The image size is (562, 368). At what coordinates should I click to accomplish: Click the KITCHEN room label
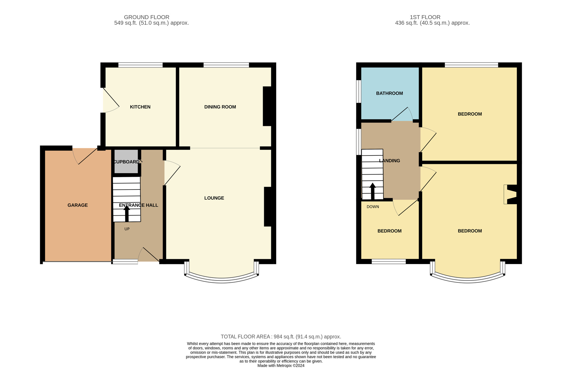[140, 107]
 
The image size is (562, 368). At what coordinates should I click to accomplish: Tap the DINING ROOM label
[220, 107]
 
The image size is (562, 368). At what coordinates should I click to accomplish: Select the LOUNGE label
[214, 198]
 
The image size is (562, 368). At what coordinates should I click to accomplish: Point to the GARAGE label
[78, 205]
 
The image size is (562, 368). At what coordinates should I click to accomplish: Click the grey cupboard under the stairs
[126, 161]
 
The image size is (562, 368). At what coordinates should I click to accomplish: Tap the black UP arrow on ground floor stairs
[127, 213]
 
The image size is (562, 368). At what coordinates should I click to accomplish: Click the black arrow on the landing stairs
[373, 191]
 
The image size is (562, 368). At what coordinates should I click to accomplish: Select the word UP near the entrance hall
[127, 229]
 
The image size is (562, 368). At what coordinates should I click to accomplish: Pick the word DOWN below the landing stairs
[373, 207]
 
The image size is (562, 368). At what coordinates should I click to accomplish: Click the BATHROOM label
[389, 93]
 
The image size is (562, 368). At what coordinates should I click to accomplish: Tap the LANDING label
[389, 161]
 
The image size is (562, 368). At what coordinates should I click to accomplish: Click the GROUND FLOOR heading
[147, 17]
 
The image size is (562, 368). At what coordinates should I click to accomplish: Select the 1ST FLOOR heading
[425, 17]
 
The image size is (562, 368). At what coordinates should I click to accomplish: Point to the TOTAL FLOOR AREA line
[281, 337]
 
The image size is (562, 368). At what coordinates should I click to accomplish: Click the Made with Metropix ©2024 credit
[281, 365]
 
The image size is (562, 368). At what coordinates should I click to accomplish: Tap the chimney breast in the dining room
[267, 106]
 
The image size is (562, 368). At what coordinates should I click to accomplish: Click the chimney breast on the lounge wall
[268, 207]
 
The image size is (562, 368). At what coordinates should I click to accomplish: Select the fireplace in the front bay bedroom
[510, 194]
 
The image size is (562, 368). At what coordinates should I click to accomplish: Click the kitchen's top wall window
[140, 65]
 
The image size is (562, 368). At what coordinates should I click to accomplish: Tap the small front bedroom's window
[389, 261]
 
